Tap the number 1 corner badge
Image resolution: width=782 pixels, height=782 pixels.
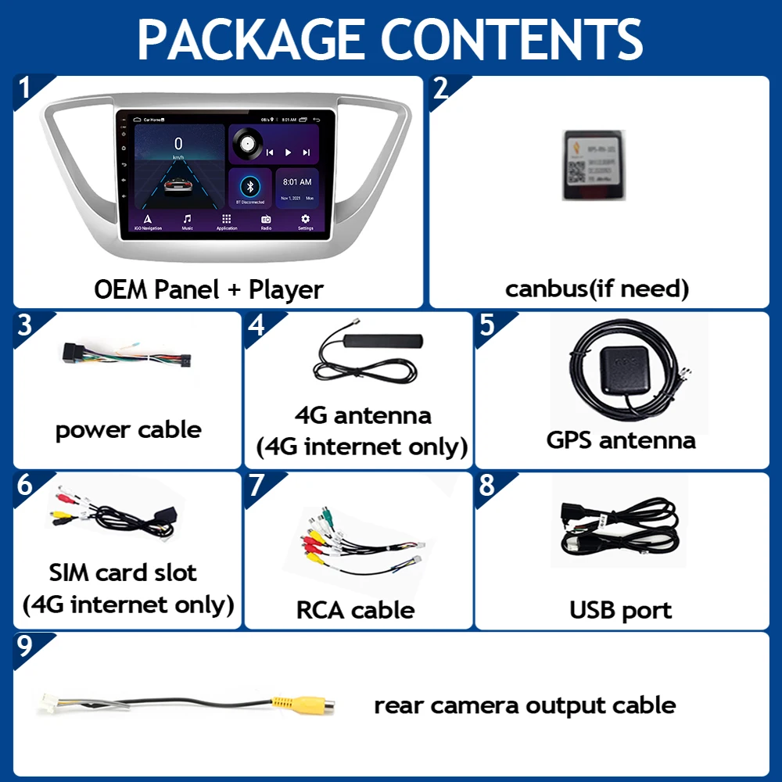tap(25, 88)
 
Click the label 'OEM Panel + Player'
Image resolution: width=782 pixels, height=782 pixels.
tap(209, 289)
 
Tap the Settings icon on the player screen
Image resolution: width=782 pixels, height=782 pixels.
tap(305, 220)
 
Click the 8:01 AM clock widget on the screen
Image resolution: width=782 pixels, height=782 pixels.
tap(297, 188)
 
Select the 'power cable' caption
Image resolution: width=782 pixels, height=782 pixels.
tap(128, 429)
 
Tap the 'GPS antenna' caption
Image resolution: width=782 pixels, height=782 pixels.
tap(621, 439)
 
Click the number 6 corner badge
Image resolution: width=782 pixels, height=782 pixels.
tap(25, 485)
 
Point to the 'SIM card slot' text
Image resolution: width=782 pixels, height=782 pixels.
tap(123, 572)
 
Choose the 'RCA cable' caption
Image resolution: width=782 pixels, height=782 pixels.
tap(355, 609)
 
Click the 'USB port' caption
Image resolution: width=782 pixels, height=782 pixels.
tap(621, 609)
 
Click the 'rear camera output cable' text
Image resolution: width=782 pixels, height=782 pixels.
tap(525, 705)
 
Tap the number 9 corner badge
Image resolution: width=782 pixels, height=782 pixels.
tap(25, 645)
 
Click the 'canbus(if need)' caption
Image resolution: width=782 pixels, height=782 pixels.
tap(597, 289)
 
